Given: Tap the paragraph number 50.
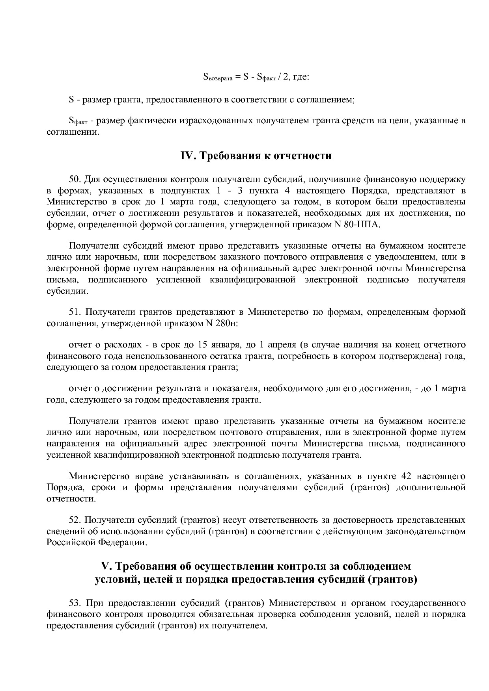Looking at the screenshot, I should coord(75,180).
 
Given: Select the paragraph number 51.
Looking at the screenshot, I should coord(75,312).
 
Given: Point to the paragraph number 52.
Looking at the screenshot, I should coord(75,520).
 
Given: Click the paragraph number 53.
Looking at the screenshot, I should coord(75,603).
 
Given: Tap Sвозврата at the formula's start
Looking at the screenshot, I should coord(218,77).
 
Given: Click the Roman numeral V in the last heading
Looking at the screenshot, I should coord(105,566).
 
